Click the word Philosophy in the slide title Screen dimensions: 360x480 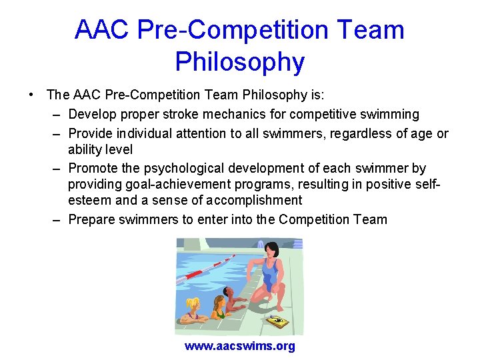click(239, 62)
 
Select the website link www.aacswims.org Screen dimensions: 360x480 click(239, 346)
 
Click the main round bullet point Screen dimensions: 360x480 click(31, 95)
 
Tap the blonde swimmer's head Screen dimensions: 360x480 click(193, 306)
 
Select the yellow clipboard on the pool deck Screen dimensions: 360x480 click(277, 321)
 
